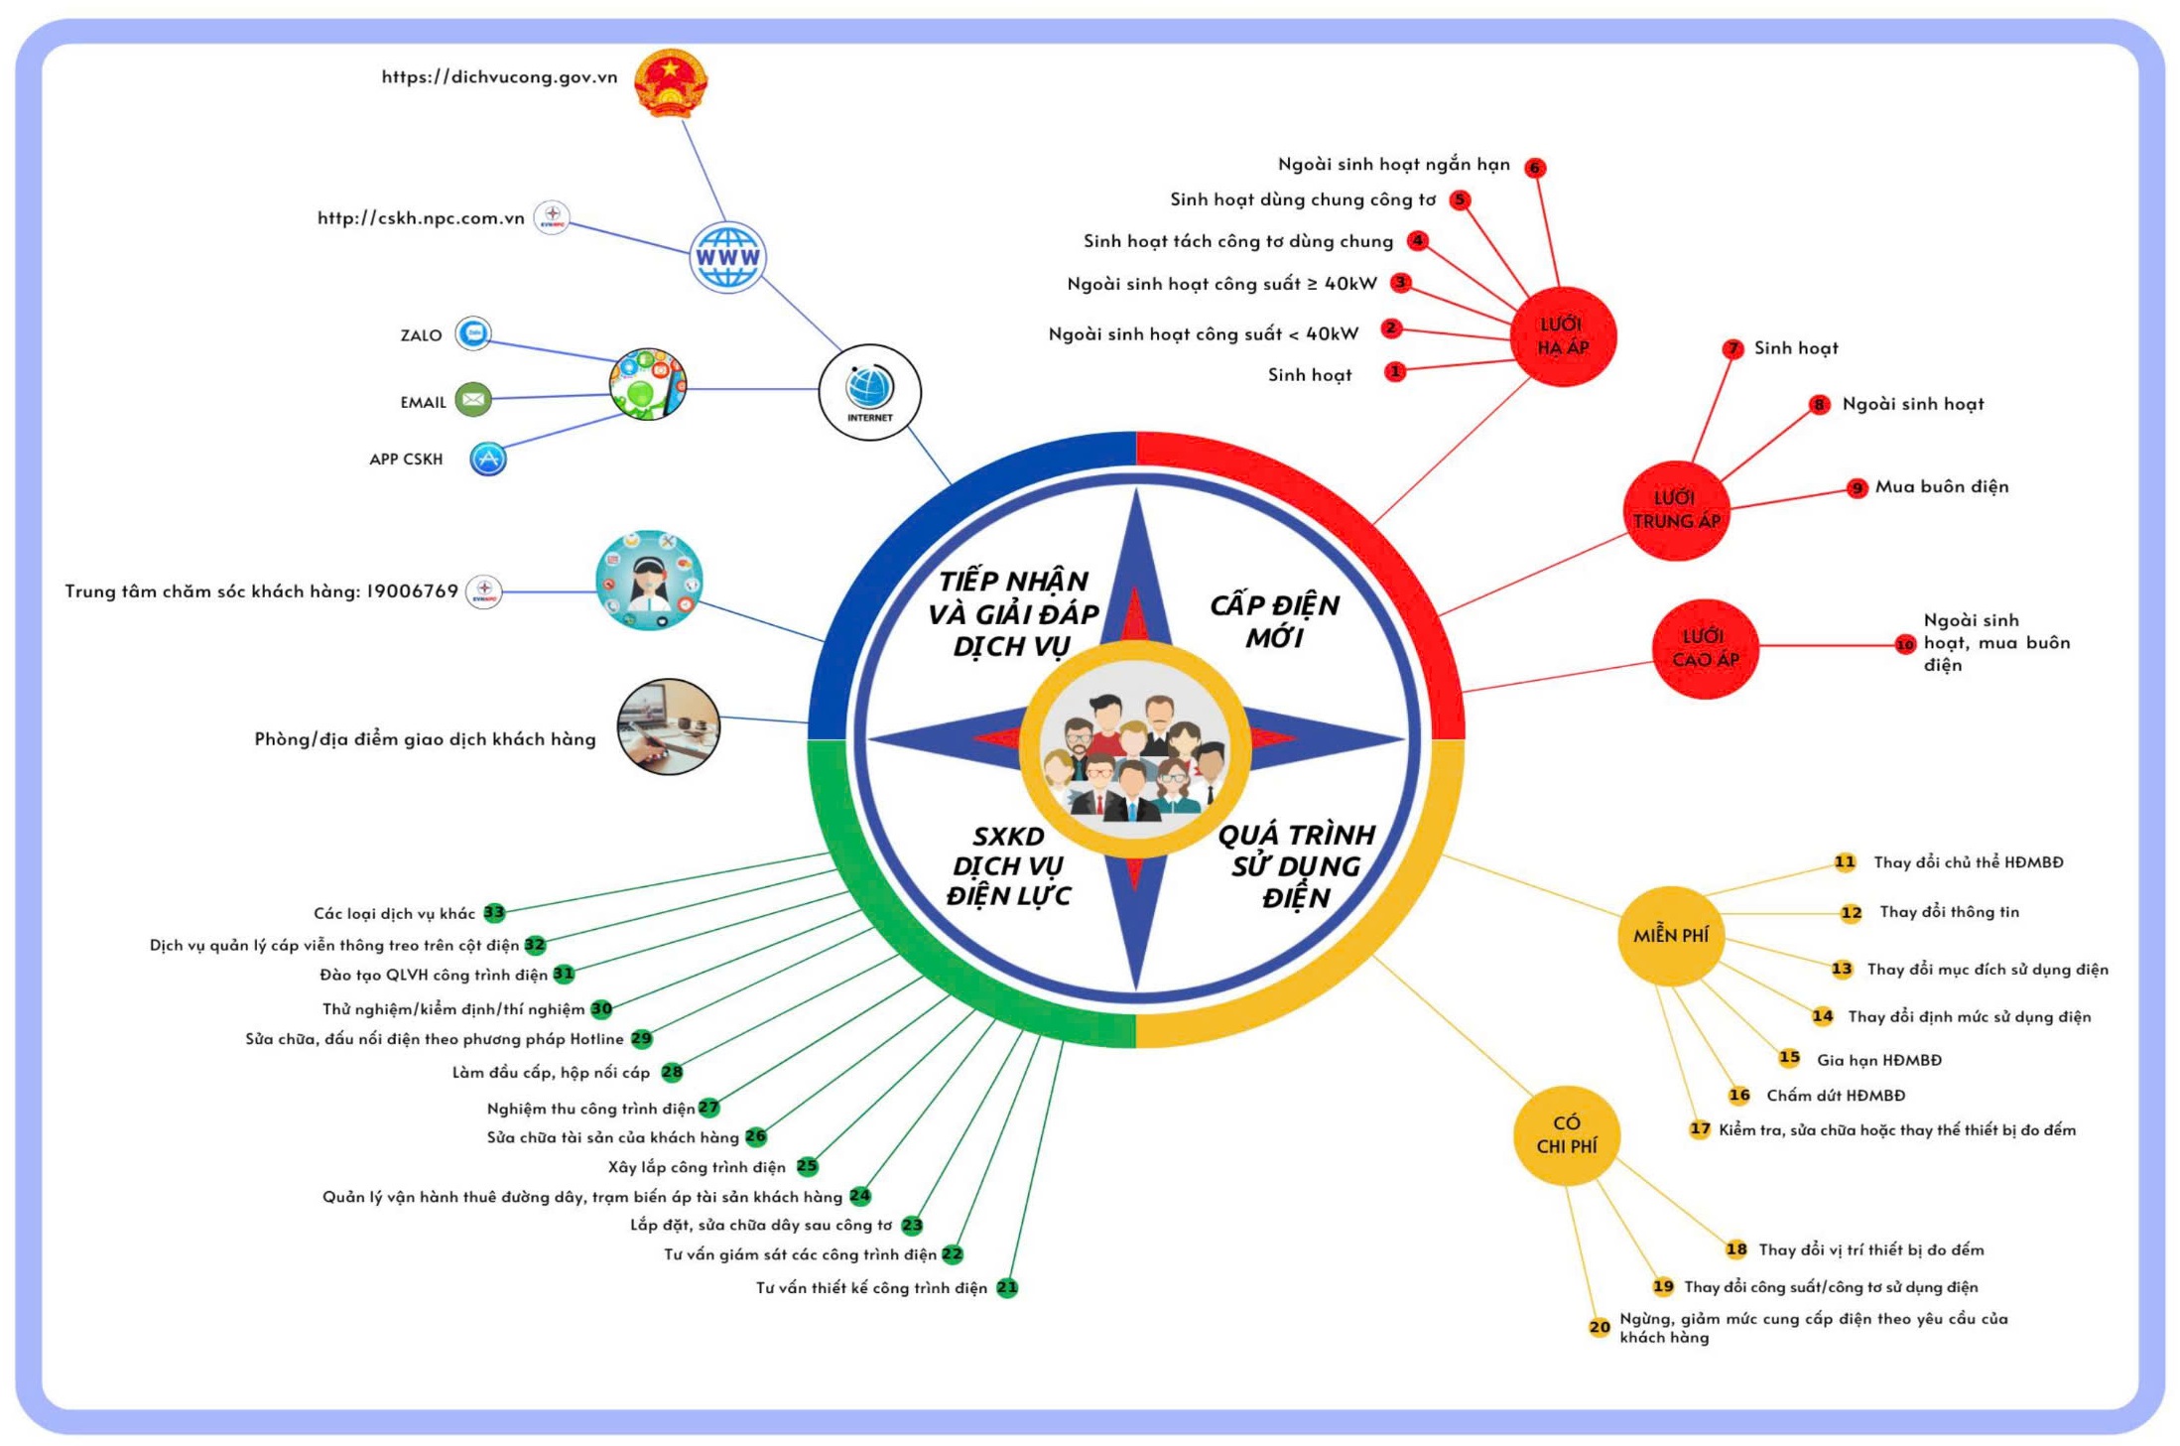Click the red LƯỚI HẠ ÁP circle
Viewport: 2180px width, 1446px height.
pos(1563,336)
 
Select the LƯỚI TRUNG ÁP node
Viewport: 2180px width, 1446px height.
pos(1676,510)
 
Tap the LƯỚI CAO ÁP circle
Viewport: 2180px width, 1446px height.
pos(1705,648)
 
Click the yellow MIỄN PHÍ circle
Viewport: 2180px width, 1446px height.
pos(1671,935)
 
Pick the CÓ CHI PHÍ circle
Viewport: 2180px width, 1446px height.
pos(1567,1135)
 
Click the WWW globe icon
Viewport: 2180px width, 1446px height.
pos(727,257)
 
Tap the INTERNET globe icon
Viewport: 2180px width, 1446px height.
pos(869,392)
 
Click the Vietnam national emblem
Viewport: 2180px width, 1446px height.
pos(671,83)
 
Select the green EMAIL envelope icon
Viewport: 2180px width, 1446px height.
pos(473,399)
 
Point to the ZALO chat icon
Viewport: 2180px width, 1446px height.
pos(473,333)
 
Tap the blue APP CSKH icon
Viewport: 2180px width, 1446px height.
pos(487,459)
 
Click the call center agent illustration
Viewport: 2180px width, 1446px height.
pos(649,581)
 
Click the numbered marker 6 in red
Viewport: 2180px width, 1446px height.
pos(1535,168)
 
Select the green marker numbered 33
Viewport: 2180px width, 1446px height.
pos(494,912)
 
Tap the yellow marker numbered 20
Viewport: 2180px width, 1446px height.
pos(1600,1327)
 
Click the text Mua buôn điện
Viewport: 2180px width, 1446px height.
pos(1942,486)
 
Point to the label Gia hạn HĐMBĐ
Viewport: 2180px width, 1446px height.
pos(1879,1060)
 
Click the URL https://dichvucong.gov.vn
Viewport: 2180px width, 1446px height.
pos(499,76)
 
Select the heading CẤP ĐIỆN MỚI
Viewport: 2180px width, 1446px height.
pos(1274,621)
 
